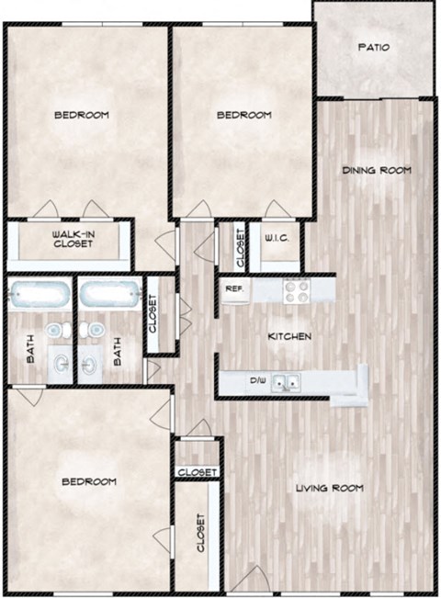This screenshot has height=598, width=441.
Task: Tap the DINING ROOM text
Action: point(376,170)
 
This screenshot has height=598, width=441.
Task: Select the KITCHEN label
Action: point(289,337)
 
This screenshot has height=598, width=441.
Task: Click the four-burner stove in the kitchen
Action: point(295,289)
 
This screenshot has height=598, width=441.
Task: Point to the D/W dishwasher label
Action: point(257,380)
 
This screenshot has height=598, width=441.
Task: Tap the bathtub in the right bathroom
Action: point(108,298)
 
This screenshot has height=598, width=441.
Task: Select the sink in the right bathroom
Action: point(89,366)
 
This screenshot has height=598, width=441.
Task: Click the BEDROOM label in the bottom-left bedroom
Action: point(89,482)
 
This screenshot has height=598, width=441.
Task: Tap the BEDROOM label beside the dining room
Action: point(244,115)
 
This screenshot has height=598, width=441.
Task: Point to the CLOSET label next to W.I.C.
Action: point(241,247)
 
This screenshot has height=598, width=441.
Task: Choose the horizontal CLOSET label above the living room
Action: point(198,472)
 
